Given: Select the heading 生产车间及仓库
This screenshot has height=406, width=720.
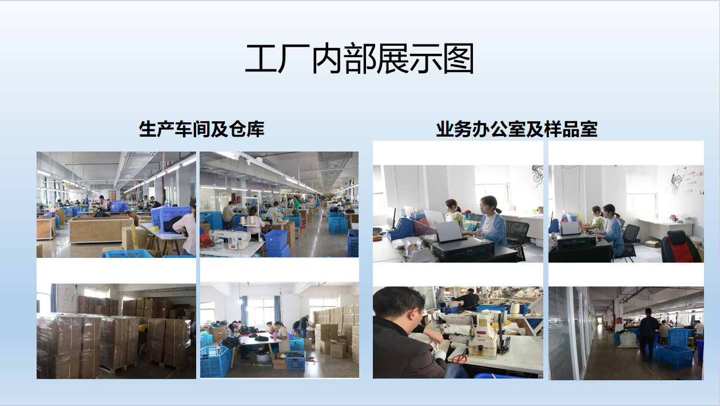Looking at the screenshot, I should point(201,129).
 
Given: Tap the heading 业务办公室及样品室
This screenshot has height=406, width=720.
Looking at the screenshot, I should point(516,129).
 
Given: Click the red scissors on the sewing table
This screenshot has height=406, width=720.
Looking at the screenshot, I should point(459,359).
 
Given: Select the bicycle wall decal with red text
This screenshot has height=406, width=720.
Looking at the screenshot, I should point(684,181).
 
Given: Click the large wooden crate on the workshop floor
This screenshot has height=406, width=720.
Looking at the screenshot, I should point(101,229).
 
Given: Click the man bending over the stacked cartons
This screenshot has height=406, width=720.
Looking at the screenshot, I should point(304,326).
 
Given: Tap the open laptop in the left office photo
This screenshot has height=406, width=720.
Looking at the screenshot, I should point(449,232).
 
